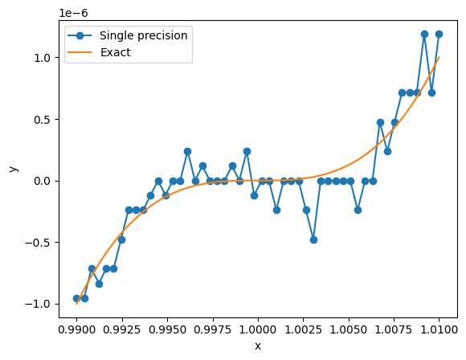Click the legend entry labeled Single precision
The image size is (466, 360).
(143, 35)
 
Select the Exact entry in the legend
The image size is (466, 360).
(116, 52)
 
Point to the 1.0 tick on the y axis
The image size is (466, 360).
(42, 58)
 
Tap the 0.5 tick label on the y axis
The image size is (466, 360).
(42, 120)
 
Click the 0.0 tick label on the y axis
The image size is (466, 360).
(42, 181)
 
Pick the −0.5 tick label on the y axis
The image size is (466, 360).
(38, 243)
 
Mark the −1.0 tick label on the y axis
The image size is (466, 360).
(38, 304)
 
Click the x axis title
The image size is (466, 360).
(258, 346)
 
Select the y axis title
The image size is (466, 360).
(14, 169)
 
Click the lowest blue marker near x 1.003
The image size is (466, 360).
(313, 239)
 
